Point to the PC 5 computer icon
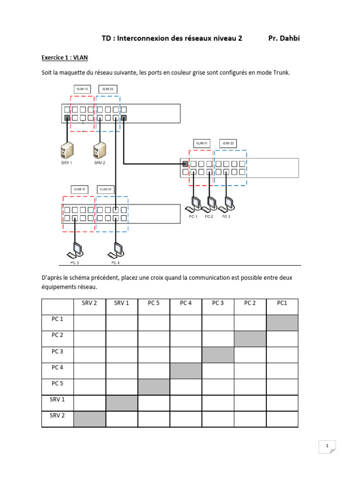75,250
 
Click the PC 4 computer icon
115,250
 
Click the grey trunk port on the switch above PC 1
185,164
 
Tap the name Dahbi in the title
290,38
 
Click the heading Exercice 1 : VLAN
65,58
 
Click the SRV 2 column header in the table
90,303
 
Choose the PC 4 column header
186,303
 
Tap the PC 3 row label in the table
57,351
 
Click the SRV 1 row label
57,399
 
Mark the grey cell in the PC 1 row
282,323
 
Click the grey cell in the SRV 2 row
90,419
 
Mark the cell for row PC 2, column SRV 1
121,339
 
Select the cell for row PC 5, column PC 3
217,387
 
